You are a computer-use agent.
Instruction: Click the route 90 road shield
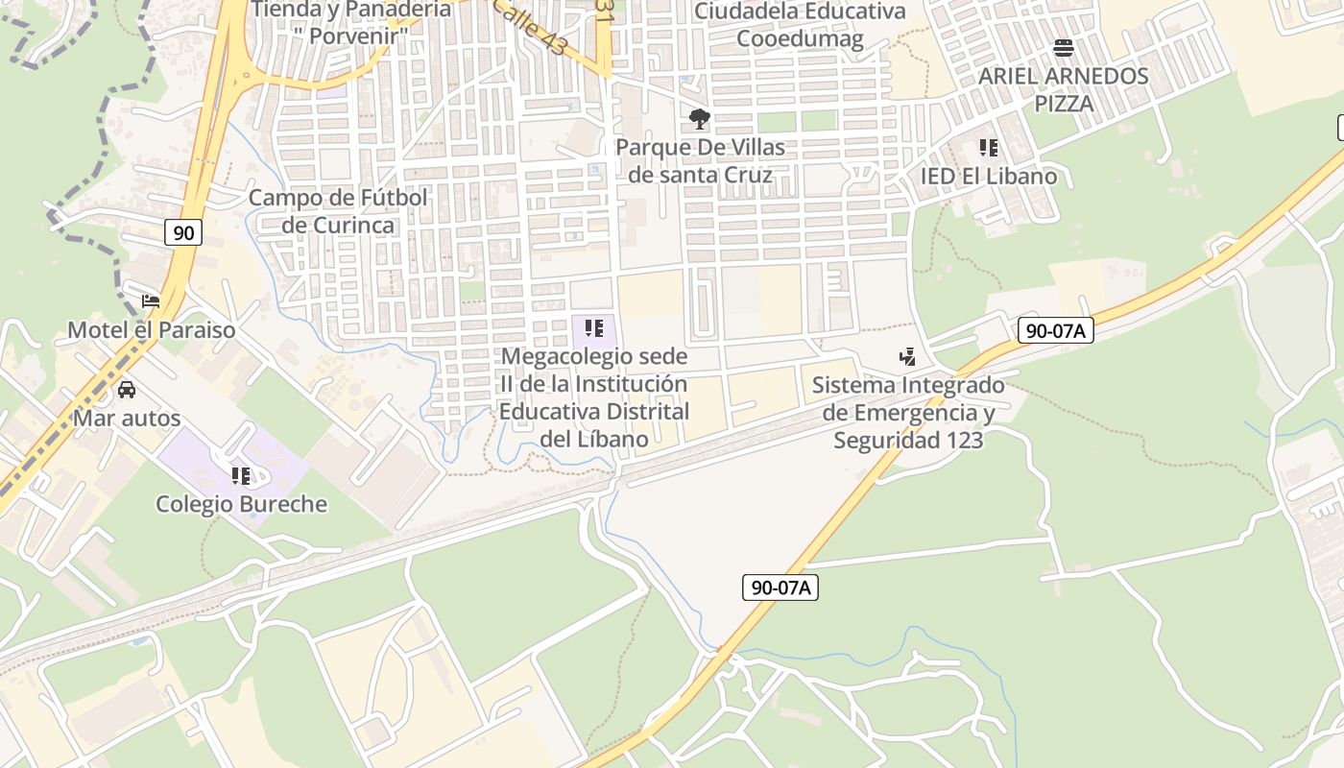[x=183, y=231]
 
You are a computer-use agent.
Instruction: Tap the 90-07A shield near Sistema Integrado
[x=1055, y=330]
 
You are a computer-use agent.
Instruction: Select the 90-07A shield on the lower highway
[x=780, y=588]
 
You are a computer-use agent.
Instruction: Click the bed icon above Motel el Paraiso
[x=151, y=301]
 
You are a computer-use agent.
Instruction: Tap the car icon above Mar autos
[x=126, y=390]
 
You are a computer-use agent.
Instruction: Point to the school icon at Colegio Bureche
[x=241, y=475]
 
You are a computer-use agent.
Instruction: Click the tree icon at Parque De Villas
[x=700, y=119]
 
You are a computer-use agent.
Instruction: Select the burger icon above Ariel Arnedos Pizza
[x=1063, y=47]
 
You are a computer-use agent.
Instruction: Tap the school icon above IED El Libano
[x=988, y=148]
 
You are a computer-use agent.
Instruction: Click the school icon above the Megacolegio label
[x=594, y=328]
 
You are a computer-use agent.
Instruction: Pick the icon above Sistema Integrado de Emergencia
[x=907, y=358]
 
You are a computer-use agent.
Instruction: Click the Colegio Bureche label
[x=241, y=504]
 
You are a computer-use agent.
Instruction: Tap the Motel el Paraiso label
[x=151, y=330]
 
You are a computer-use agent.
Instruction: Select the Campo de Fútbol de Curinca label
[x=338, y=211]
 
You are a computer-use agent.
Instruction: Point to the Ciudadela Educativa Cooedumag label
[x=800, y=25]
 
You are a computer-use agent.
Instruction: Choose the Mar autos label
[x=127, y=419]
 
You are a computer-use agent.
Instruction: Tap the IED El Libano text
[x=988, y=177]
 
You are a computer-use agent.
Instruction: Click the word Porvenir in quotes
[x=351, y=36]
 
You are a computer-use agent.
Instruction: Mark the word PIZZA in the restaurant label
[x=1063, y=104]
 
